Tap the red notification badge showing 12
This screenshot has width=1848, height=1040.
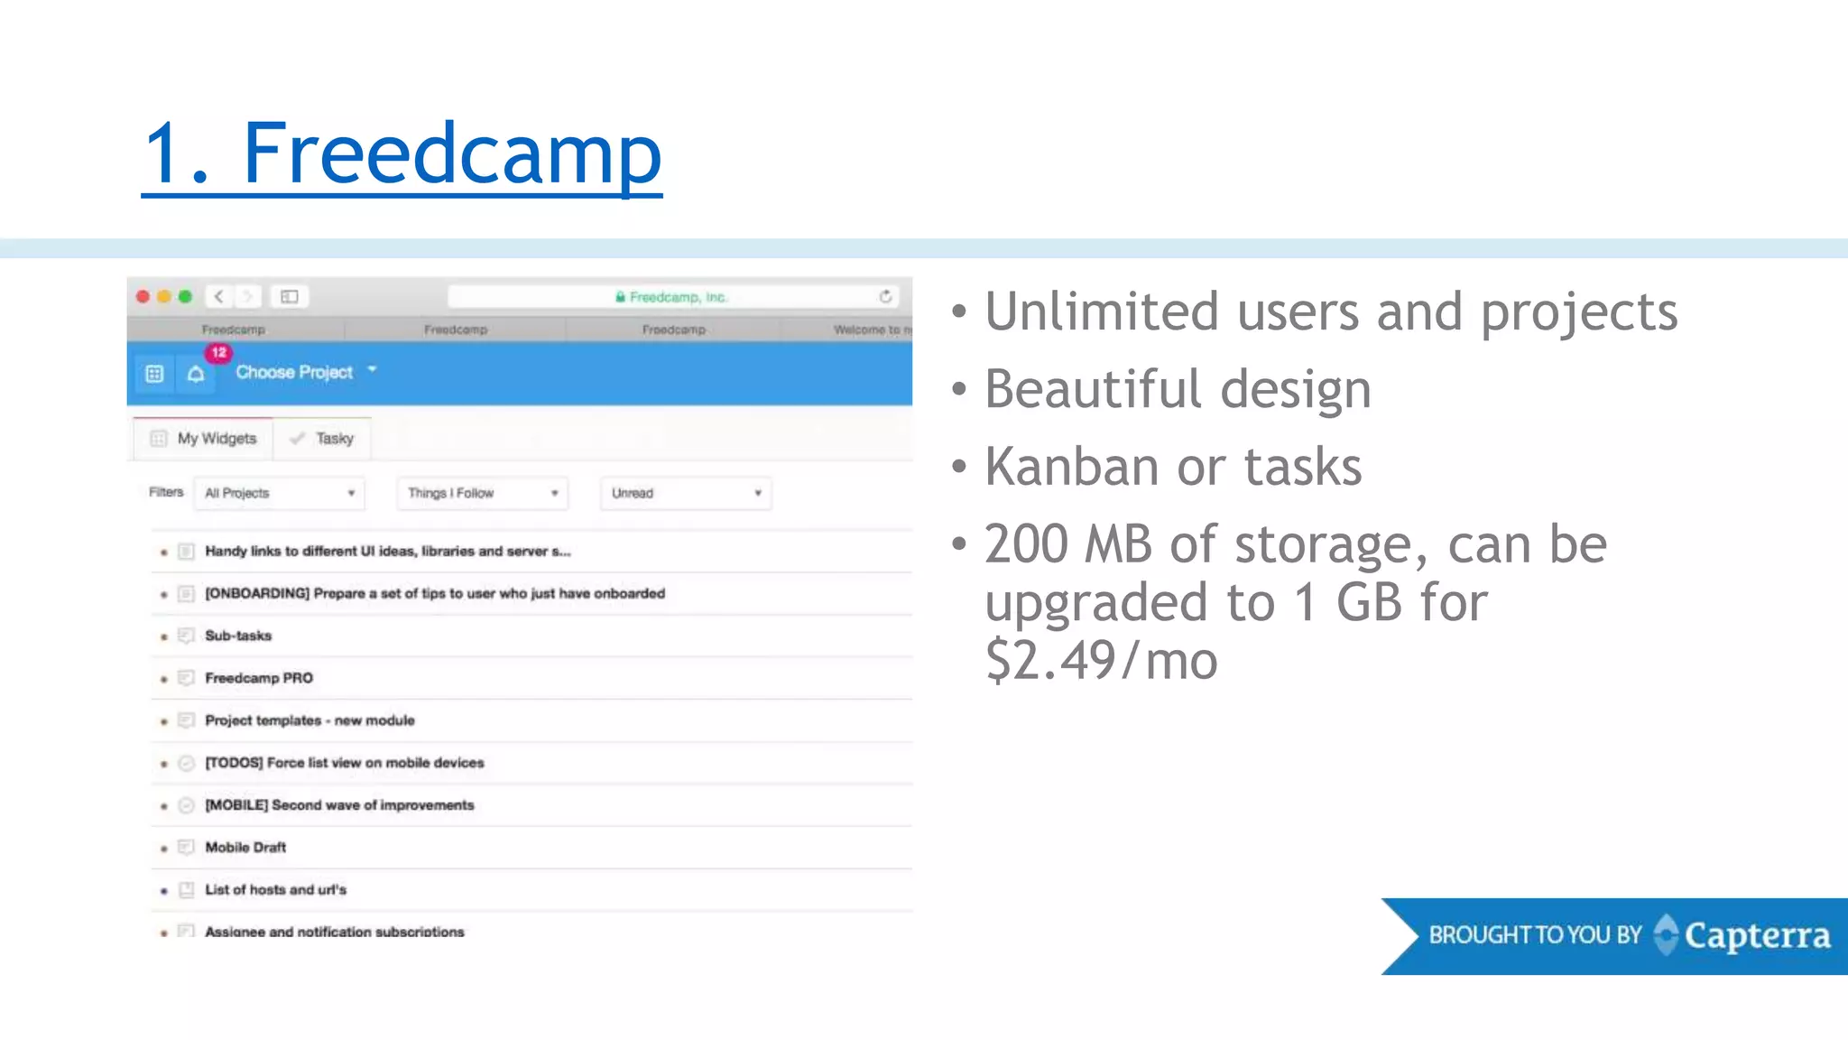pos(218,352)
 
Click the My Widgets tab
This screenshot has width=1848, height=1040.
pos(204,439)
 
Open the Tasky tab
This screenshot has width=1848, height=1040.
pos(322,439)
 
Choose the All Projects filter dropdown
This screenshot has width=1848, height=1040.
pos(279,493)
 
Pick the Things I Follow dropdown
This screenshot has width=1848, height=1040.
pos(482,493)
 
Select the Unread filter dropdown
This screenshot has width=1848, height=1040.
pos(686,493)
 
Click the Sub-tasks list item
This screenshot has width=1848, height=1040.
pos(238,636)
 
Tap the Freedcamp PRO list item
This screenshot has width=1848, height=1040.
pos(259,678)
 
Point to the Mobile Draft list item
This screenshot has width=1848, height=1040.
pos(245,848)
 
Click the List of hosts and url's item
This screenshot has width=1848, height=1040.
pos(275,890)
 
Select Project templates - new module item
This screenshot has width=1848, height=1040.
pos(310,720)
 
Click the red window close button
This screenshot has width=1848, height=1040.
pos(143,296)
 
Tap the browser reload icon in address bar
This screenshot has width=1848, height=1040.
pos(885,296)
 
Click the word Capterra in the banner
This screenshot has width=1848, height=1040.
pos(1757,935)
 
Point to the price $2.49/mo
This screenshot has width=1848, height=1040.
pos(1101,660)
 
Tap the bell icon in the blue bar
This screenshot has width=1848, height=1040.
pos(196,374)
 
